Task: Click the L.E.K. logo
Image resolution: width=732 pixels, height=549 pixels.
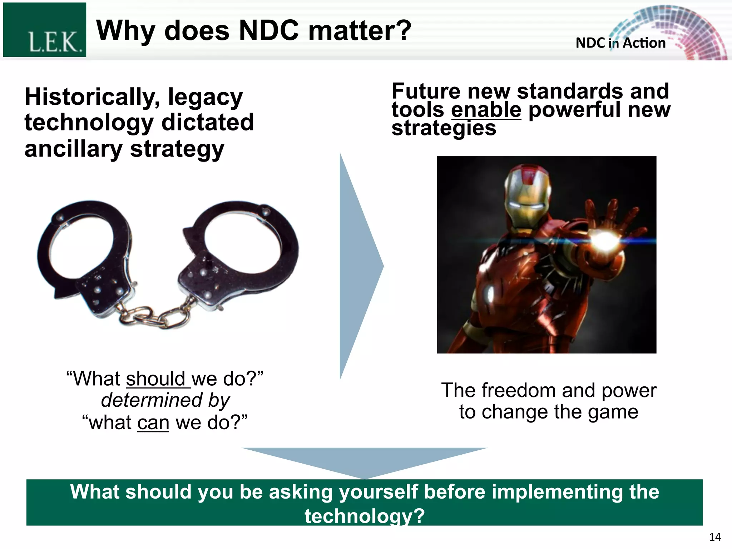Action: (45, 30)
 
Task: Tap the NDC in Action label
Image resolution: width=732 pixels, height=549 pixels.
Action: (620, 43)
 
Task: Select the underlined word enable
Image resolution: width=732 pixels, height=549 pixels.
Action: (486, 110)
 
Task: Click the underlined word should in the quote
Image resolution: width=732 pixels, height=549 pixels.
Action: (156, 379)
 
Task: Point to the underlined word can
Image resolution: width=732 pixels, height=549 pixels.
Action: (153, 423)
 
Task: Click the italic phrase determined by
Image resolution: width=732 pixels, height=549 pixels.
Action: (165, 400)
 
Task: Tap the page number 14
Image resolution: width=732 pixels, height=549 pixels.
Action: (715, 537)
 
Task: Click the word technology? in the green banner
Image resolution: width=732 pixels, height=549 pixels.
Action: (365, 516)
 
